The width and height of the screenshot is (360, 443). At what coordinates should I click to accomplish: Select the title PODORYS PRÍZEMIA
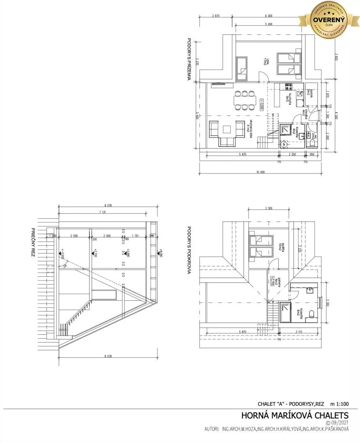[x=190, y=60]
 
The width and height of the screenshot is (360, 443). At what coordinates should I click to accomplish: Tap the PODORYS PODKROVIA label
[x=190, y=250]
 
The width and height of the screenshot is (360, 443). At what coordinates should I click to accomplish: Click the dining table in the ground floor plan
[x=245, y=100]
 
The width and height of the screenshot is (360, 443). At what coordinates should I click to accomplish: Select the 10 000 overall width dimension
[x=261, y=172]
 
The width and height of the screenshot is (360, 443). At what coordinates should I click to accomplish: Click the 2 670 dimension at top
[x=217, y=16]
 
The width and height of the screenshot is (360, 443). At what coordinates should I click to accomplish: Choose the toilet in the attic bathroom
[x=312, y=315]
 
